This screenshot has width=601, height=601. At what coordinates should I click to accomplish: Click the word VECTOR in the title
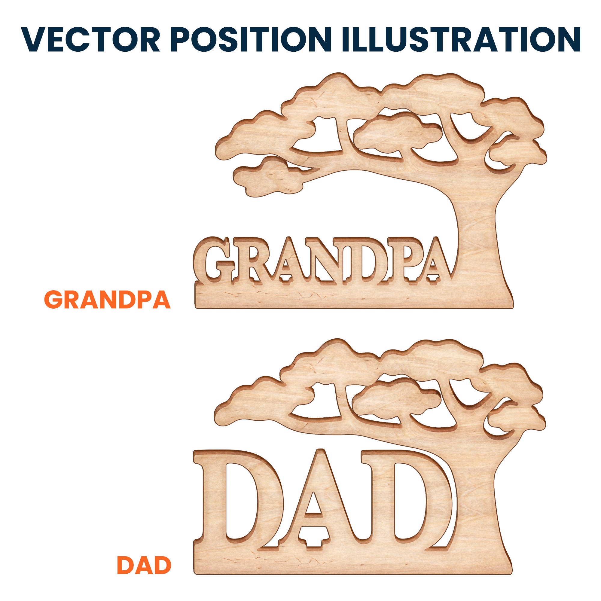click(x=90, y=39)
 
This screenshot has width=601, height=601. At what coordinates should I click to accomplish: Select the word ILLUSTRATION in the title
click(x=461, y=39)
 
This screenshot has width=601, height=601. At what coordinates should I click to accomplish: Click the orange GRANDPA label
click(x=107, y=300)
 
